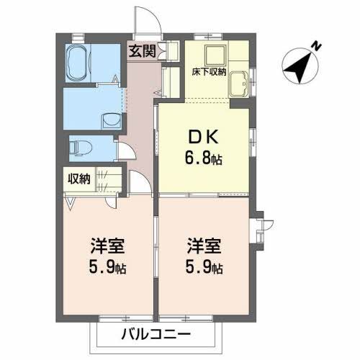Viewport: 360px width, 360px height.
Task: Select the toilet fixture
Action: point(81,148)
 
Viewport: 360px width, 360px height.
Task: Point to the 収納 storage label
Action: point(80,179)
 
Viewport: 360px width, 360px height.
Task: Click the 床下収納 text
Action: point(210,72)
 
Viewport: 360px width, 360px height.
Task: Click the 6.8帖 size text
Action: point(204,158)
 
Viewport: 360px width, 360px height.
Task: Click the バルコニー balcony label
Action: point(156,334)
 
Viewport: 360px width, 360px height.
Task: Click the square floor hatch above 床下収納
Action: point(214,55)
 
